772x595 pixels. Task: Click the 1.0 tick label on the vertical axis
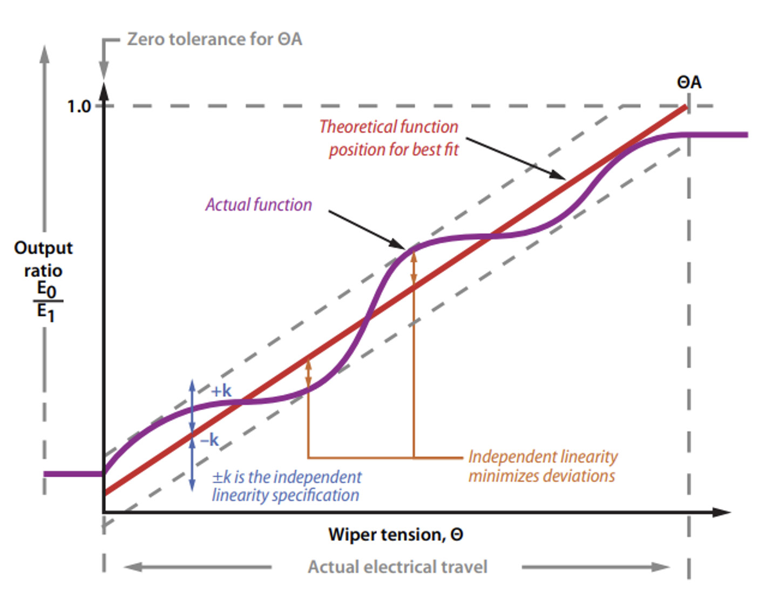pos(79,106)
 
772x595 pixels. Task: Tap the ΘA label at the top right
pos(689,83)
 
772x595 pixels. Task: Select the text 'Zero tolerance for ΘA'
pos(214,39)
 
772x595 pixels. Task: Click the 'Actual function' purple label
pos(259,205)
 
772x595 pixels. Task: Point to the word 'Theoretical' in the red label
pos(357,127)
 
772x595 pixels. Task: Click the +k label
pos(221,391)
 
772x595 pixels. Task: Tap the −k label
pos(209,440)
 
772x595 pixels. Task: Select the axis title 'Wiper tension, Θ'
pos(396,535)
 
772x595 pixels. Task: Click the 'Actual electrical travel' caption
pos(397,567)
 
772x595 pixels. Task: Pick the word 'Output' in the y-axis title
pos(43,248)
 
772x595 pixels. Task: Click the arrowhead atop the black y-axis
pos(104,90)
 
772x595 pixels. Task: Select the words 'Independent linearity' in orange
pos(543,457)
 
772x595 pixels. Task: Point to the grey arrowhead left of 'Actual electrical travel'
pos(133,567)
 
